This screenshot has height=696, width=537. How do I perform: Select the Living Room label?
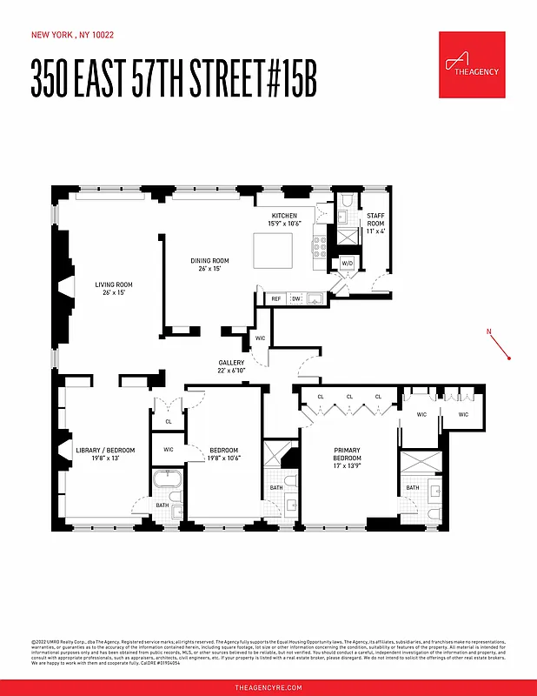(x=114, y=288)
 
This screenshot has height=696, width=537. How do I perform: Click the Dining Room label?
(x=209, y=264)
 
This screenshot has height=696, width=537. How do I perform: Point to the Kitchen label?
(x=284, y=219)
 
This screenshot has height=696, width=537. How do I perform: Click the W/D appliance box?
(x=346, y=262)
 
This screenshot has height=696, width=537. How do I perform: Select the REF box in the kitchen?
(x=276, y=299)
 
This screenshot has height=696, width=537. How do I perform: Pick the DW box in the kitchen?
(x=296, y=299)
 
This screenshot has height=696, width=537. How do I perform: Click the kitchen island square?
(x=271, y=251)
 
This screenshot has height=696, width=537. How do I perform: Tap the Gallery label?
(x=231, y=366)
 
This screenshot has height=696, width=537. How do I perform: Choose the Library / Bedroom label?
(x=105, y=453)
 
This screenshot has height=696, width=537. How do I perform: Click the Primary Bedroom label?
(x=347, y=455)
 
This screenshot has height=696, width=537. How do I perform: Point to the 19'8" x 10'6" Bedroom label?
(x=224, y=453)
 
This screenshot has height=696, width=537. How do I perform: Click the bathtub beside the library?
(x=164, y=480)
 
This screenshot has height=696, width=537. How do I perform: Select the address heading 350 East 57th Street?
(x=174, y=80)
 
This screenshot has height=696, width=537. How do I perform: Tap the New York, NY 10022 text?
(x=73, y=36)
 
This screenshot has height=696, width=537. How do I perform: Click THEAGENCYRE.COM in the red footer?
(x=268, y=687)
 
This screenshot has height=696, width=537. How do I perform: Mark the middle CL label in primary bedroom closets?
(x=349, y=398)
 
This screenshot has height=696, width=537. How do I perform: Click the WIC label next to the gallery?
(x=260, y=338)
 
